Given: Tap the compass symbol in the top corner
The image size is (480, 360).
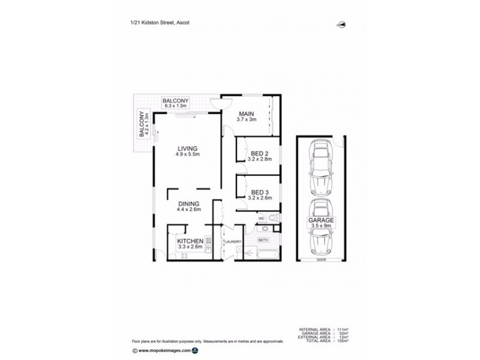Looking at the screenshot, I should (x=343, y=24).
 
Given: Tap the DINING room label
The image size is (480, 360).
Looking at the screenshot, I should (x=187, y=203).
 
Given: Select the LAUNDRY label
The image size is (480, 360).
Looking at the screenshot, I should (x=233, y=242).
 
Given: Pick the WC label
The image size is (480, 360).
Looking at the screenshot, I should (x=262, y=219).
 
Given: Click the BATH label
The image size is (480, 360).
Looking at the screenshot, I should (x=263, y=240).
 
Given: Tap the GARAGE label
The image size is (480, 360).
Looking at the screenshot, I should (x=322, y=220).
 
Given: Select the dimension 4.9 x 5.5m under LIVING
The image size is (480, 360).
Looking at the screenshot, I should (x=187, y=155).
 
